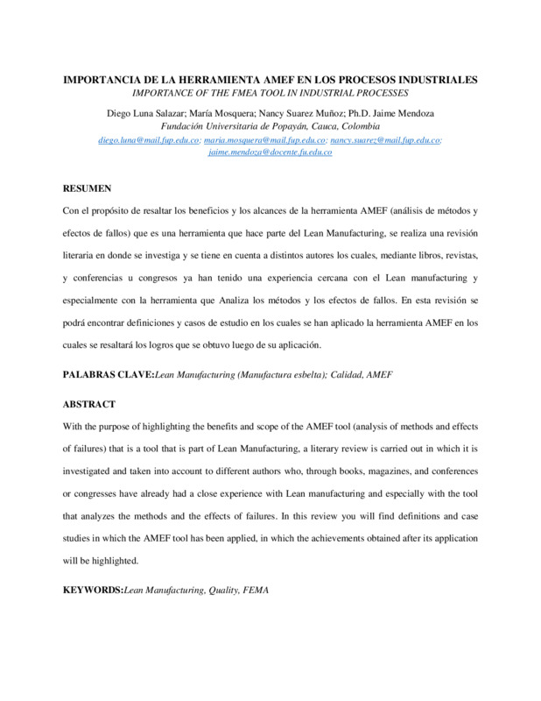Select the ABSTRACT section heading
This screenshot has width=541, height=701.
point(89,406)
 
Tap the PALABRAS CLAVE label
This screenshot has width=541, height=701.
point(109,374)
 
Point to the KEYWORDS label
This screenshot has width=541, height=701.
point(93,591)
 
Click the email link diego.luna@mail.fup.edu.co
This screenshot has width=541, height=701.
point(149,139)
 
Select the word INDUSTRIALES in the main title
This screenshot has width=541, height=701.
point(432,80)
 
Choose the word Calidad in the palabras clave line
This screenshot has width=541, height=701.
point(345,374)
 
